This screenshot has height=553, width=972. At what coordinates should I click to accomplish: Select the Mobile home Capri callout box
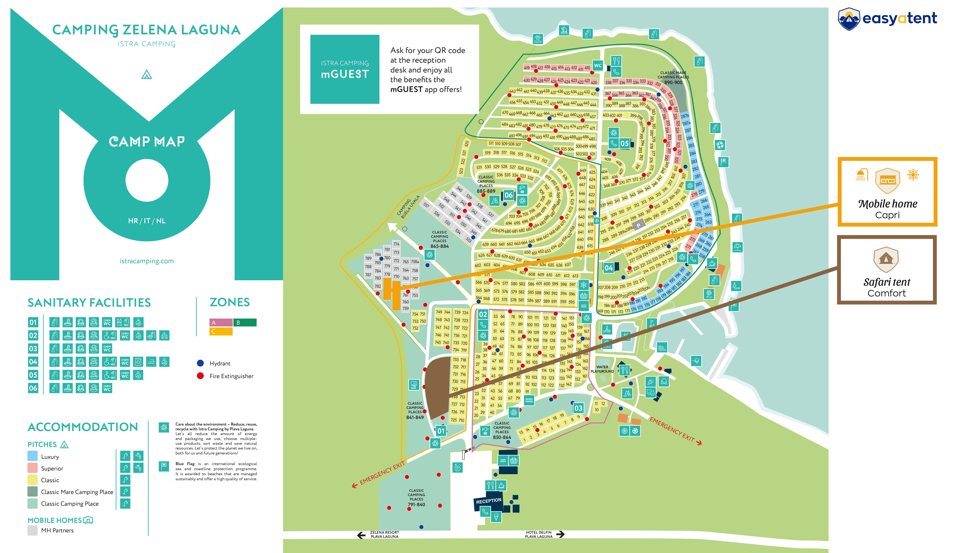click(887, 192)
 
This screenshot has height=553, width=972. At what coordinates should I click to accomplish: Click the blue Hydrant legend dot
click(200, 363)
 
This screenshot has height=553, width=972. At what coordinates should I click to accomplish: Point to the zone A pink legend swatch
click(221, 322)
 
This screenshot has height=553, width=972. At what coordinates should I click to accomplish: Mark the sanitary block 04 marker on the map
click(608, 268)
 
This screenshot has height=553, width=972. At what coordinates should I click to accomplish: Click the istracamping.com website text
click(147, 261)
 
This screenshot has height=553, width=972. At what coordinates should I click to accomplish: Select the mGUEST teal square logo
click(344, 69)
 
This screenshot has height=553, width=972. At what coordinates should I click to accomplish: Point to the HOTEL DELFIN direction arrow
click(560, 534)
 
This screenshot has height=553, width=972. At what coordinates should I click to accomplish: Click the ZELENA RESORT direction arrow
click(361, 535)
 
